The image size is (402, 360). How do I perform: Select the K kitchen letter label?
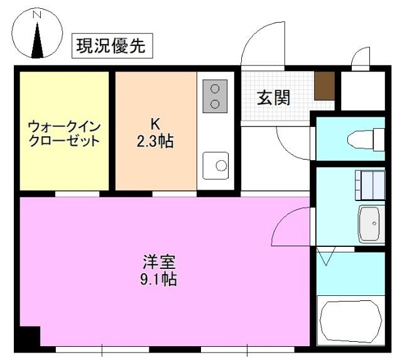155,123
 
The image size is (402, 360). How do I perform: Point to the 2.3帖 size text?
155,141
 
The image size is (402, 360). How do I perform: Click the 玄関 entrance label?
273,98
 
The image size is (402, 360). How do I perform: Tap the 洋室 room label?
158,261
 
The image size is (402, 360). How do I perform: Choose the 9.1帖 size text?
158,278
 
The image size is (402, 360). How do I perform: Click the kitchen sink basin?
217,165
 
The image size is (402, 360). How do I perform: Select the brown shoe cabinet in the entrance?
324,85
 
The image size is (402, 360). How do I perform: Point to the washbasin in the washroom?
371,223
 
